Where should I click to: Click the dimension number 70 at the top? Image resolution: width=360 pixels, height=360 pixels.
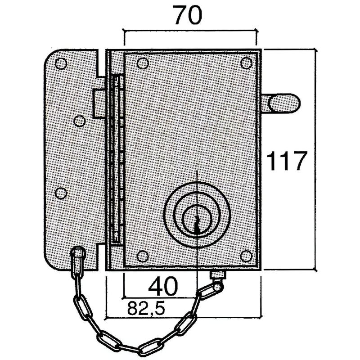[188, 16]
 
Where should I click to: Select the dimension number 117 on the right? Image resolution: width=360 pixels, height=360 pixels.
[287, 161]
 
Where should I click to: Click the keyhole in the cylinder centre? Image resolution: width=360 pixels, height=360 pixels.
[197, 218]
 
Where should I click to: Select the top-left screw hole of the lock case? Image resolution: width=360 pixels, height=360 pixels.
[142, 63]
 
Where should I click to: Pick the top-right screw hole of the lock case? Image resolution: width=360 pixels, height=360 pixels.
[246, 63]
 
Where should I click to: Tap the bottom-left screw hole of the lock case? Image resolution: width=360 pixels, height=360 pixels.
[142, 256]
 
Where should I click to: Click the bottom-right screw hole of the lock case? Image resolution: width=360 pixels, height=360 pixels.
[246, 256]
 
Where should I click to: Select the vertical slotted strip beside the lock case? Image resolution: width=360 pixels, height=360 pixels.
[117, 160]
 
